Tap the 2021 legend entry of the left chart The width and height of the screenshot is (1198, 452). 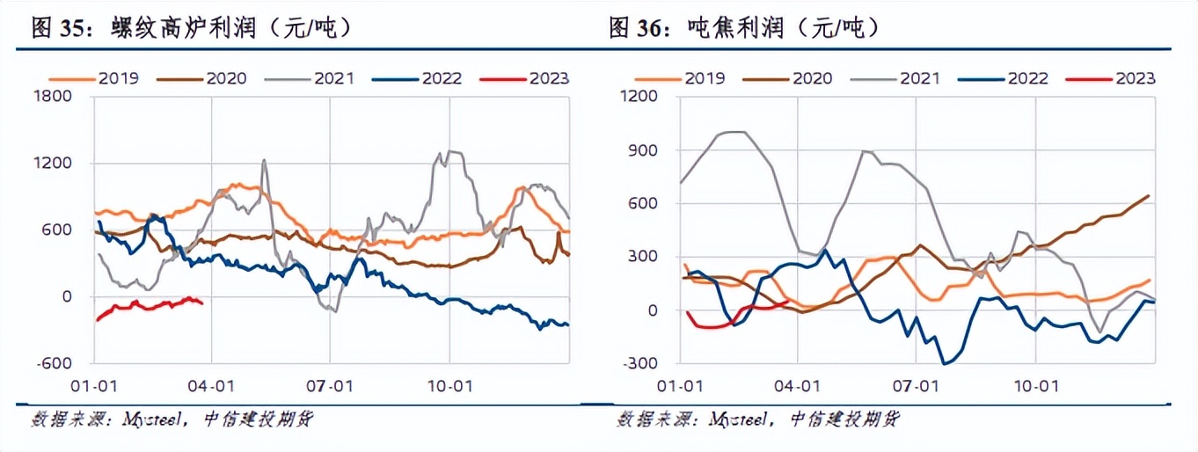pos(333,78)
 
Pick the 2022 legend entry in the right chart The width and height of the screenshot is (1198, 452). pos(1026,78)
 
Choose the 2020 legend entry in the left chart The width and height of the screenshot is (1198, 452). pos(225,78)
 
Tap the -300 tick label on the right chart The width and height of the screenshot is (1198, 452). pos(641,363)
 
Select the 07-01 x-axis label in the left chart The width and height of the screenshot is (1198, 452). pos(330,384)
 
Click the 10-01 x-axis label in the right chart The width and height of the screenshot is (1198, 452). pos(1035,384)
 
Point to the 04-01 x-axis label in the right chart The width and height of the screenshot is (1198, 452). pos(798,384)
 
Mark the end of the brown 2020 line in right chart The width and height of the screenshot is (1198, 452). pos(1149,195)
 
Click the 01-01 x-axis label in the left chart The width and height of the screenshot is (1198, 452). pos(93,384)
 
